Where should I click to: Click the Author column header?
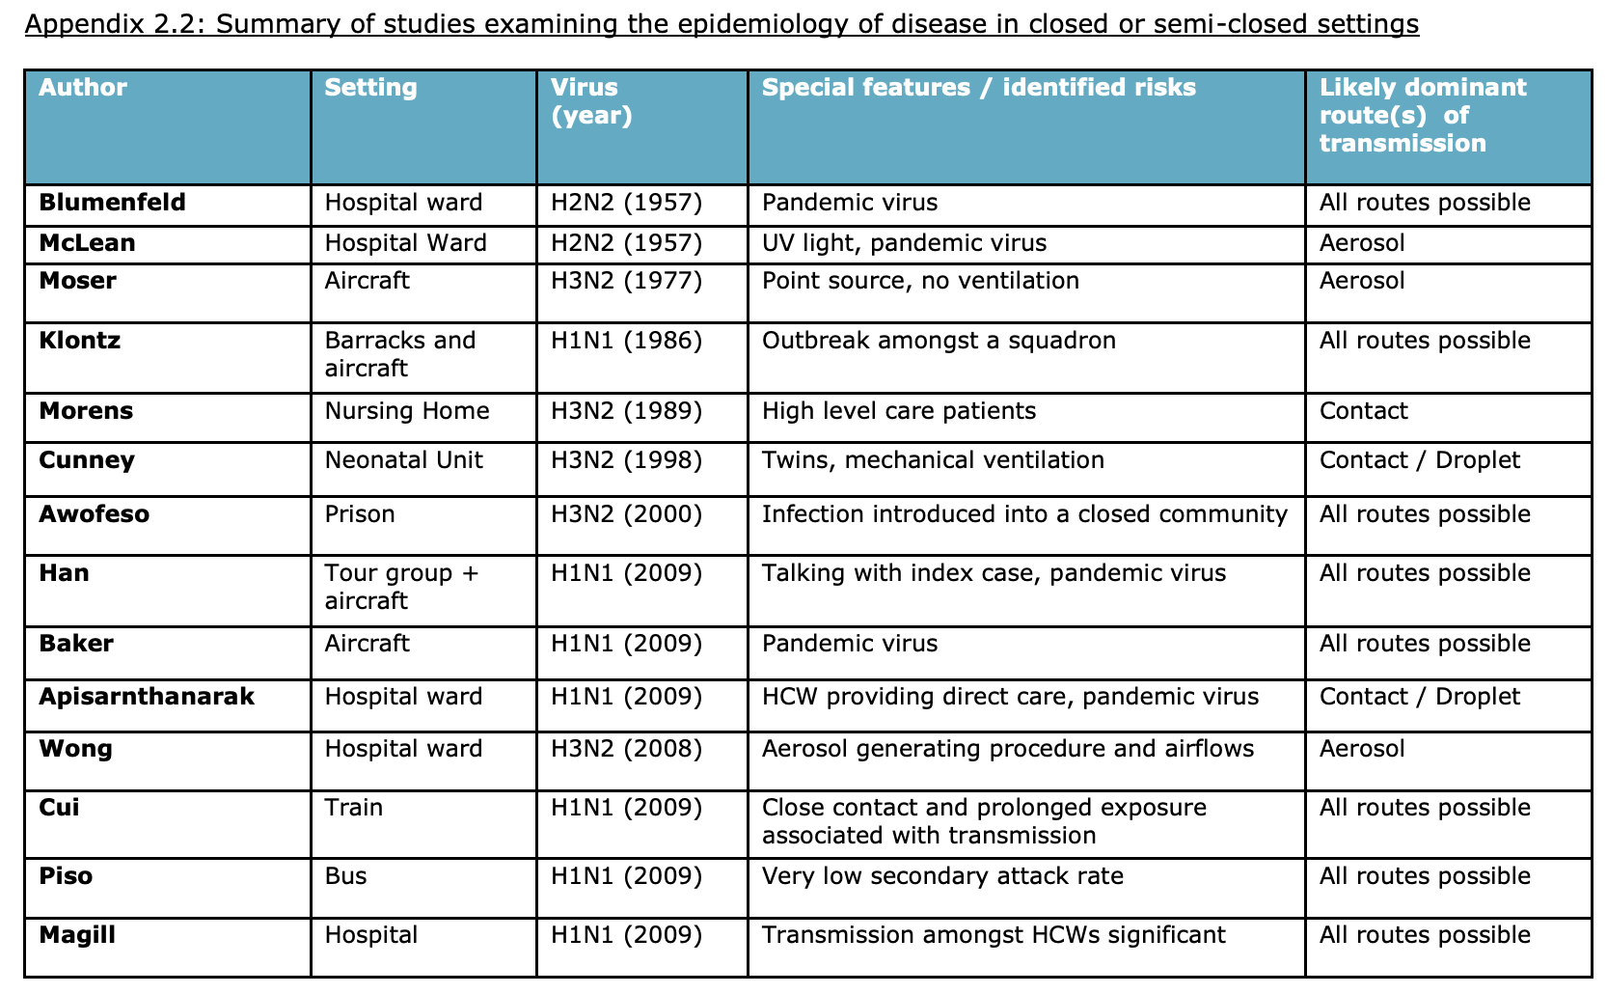(83, 88)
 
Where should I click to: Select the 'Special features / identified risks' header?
(978, 88)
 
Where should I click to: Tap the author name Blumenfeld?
(112, 203)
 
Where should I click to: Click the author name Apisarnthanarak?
(147, 697)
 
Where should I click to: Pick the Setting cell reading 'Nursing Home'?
(407, 411)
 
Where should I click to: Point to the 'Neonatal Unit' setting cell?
(404, 460)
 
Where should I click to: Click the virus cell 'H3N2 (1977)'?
(626, 281)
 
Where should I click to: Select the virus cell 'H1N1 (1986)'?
(626, 341)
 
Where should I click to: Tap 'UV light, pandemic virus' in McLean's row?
(904, 243)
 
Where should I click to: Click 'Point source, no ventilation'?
(920, 281)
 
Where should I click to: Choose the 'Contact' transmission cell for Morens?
(1363, 411)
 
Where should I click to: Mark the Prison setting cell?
(360, 514)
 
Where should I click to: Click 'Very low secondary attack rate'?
(942, 876)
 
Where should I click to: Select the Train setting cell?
(354, 808)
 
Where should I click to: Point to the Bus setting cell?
(345, 876)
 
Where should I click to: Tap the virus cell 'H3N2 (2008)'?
(626, 749)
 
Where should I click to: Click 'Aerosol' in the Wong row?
(1362, 749)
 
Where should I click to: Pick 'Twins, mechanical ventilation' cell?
(933, 460)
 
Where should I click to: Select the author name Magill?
(77, 936)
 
